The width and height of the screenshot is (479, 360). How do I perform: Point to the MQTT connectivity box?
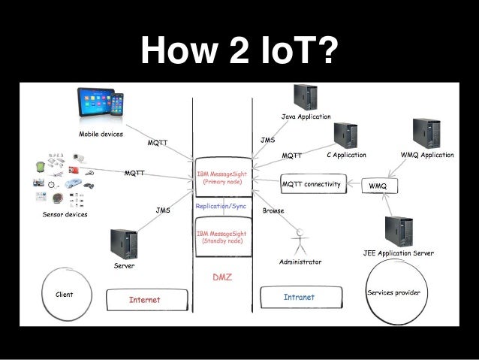tap(311, 183)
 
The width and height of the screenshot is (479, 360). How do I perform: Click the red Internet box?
tap(145, 300)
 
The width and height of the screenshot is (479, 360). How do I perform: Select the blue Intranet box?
tap(299, 298)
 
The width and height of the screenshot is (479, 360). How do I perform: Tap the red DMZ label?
tap(222, 277)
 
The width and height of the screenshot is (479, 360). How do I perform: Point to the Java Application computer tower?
tap(305, 98)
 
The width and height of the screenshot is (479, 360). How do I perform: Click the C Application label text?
tap(346, 156)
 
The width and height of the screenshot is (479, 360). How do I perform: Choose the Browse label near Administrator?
tap(273, 211)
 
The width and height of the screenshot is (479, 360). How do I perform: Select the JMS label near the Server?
tap(162, 211)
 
